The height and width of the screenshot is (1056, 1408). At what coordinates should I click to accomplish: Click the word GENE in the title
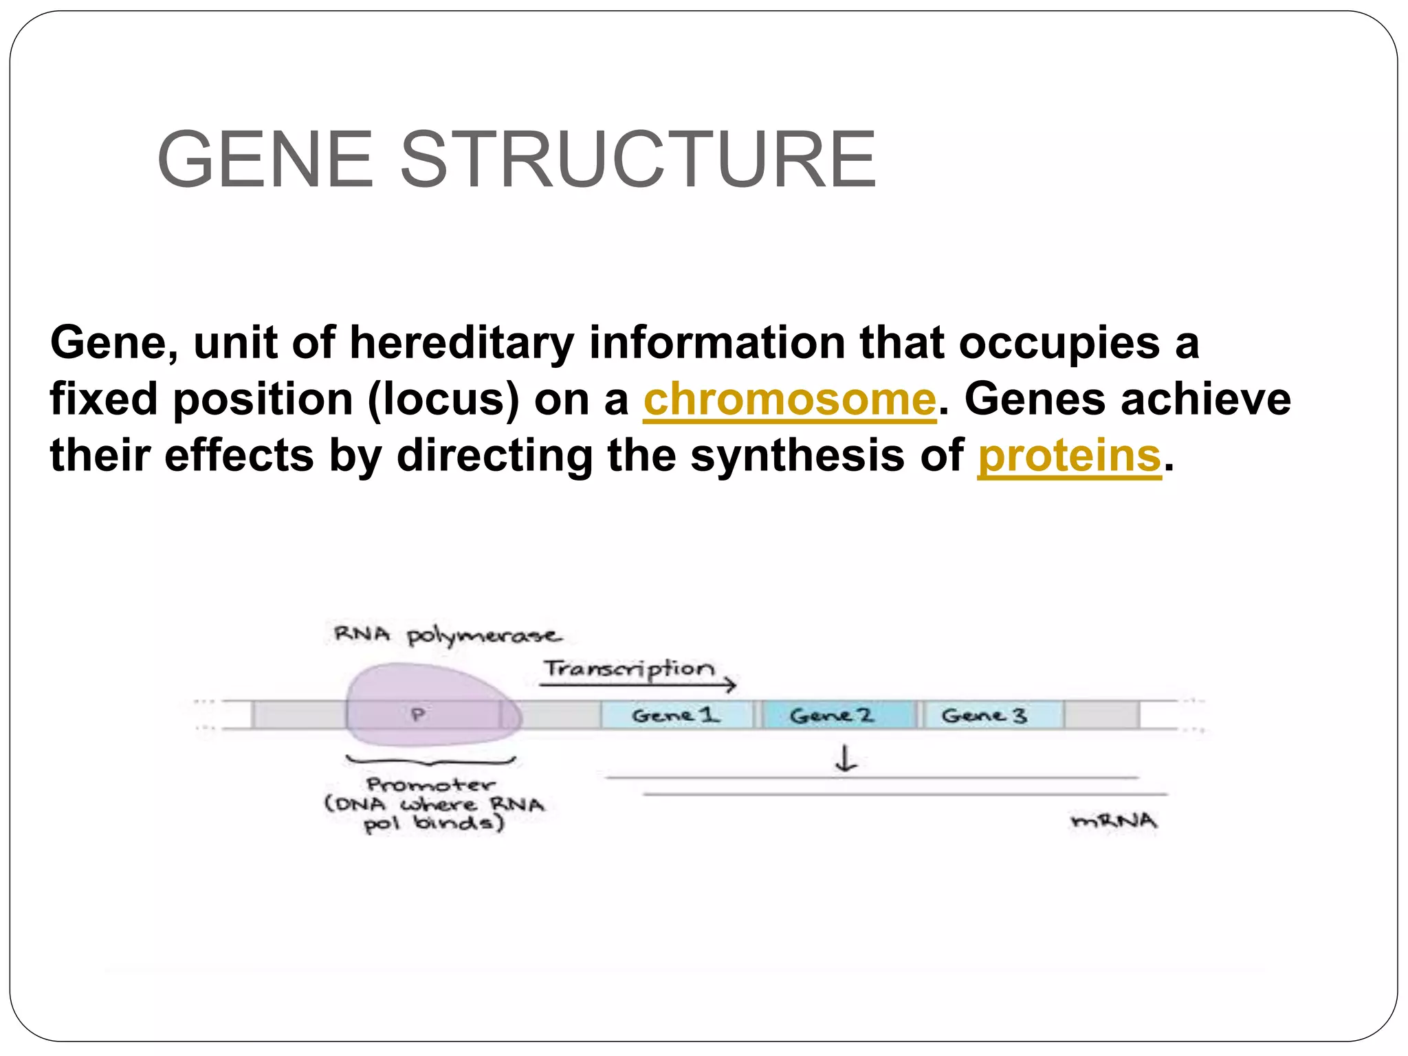tap(265, 159)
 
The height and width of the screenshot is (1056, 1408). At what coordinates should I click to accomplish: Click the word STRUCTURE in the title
tap(637, 159)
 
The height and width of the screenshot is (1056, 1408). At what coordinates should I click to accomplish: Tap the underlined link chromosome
tap(789, 399)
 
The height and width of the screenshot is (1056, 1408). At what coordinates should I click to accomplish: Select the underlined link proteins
tap(1069, 456)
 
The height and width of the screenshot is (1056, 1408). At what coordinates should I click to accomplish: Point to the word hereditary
tap(461, 343)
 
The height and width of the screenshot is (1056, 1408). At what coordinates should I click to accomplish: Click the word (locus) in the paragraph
tap(443, 399)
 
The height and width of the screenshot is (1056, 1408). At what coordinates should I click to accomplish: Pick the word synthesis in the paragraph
tap(797, 456)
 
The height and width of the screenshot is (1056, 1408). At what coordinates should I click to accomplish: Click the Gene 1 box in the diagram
tap(676, 716)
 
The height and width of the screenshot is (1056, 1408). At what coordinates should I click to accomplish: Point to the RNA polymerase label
tap(447, 635)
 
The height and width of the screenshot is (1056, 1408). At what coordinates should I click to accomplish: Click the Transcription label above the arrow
tap(629, 668)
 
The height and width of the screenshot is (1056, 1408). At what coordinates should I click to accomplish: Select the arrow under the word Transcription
tap(637, 685)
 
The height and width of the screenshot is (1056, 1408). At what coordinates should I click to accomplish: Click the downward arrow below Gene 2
tap(846, 759)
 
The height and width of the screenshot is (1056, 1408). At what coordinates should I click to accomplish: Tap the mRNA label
tap(1114, 821)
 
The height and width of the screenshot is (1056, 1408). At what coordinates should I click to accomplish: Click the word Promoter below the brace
tap(431, 784)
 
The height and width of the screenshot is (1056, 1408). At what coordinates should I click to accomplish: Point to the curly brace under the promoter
tap(431, 761)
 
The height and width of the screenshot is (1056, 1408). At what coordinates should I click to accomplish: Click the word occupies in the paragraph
tap(1058, 343)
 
